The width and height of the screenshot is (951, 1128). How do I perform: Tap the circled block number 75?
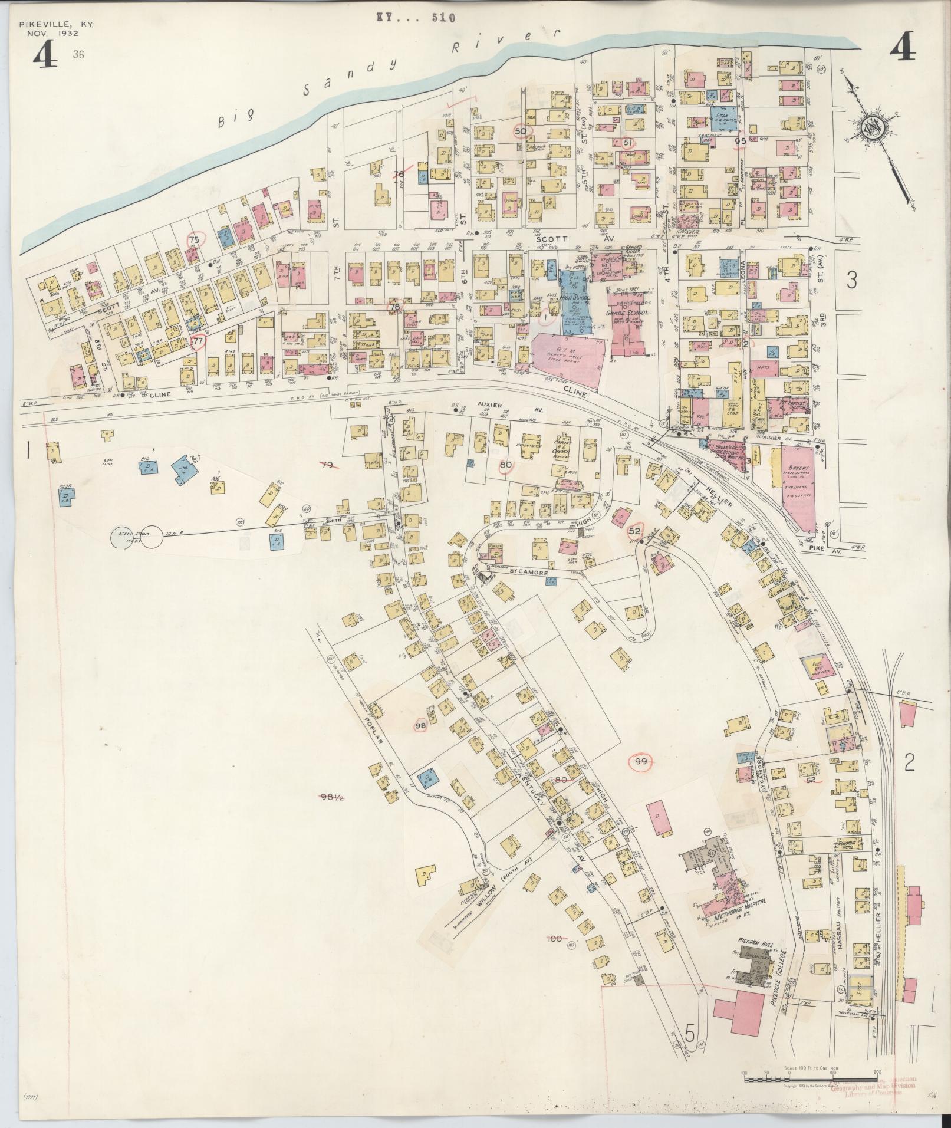coord(194,239)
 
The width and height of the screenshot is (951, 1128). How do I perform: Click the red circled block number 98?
coord(421,725)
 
